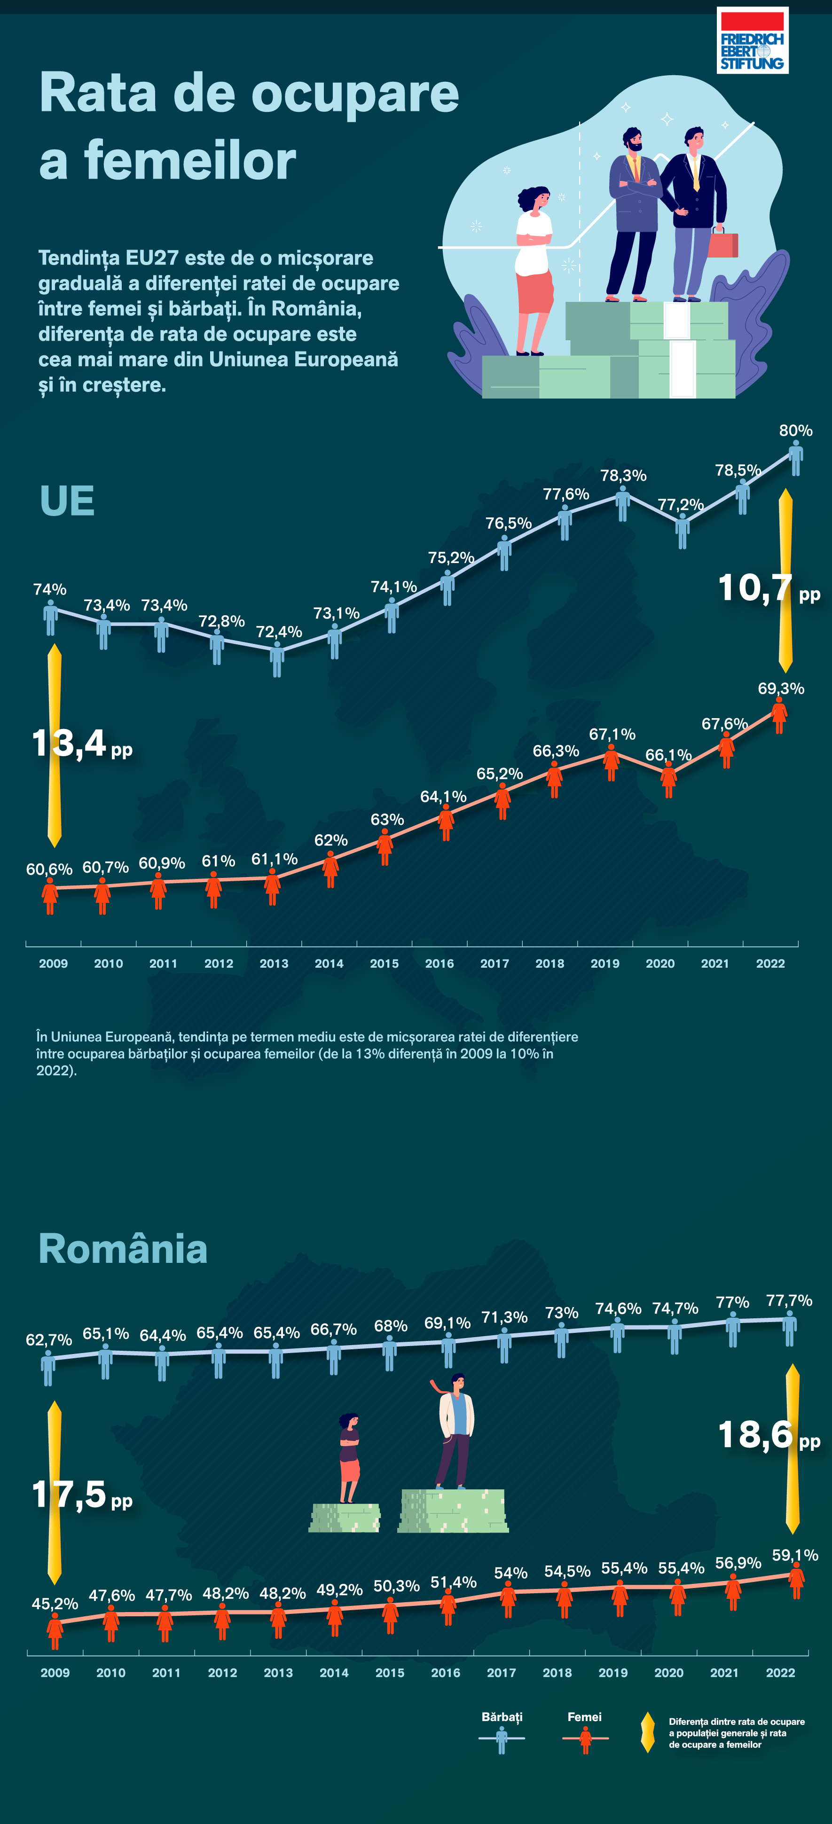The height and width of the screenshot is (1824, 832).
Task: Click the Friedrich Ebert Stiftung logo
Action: (752, 40)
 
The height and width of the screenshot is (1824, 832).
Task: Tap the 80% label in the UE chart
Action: (795, 431)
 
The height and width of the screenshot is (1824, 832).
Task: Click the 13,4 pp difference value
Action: (81, 744)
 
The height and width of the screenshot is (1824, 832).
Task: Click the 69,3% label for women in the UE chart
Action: (780, 688)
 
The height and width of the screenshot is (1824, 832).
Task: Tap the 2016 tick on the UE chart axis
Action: (439, 963)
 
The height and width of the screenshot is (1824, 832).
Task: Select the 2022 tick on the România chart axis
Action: (780, 1673)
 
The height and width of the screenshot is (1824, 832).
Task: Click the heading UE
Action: (67, 501)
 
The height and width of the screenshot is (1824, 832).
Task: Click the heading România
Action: (123, 1249)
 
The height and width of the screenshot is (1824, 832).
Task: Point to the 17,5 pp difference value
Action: (81, 1495)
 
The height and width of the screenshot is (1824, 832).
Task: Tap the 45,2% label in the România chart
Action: (55, 1604)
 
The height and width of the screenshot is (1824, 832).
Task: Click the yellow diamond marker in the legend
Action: (647, 1733)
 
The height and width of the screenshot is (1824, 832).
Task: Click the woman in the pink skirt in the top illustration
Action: (534, 270)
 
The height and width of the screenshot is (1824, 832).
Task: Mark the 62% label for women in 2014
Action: (330, 840)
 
